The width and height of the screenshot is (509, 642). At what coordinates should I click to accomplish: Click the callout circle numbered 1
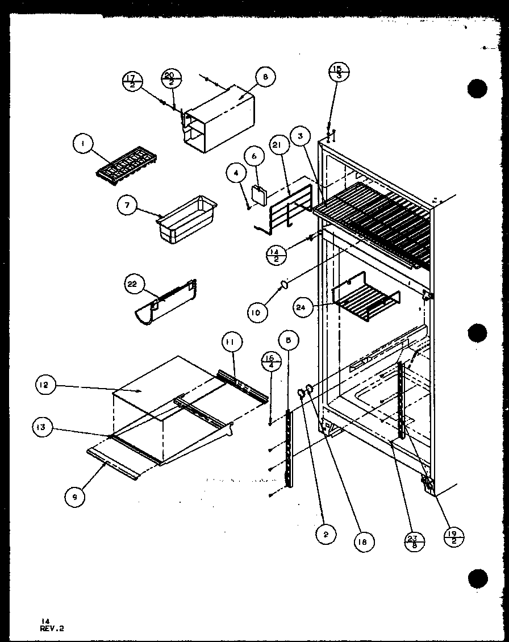83,145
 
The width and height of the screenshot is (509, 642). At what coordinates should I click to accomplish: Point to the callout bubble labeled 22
132,285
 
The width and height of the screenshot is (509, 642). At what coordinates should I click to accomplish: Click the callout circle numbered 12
44,386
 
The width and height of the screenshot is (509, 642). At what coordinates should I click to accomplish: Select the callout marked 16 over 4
269,362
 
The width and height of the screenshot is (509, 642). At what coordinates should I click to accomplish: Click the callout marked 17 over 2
132,81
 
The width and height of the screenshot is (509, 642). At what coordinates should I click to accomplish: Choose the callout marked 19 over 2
455,536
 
